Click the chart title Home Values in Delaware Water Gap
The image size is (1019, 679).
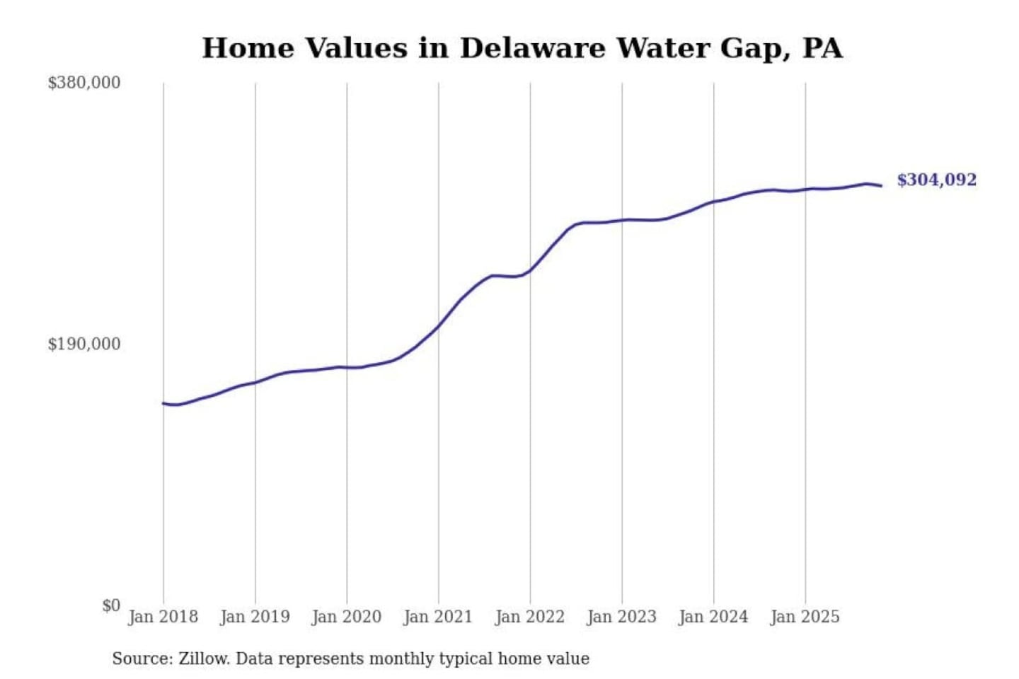pyautogui.click(x=522, y=48)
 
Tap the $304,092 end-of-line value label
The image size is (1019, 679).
pyautogui.click(x=936, y=180)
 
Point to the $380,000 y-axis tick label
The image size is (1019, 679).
pyautogui.click(x=84, y=83)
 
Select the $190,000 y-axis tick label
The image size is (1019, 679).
pyautogui.click(x=84, y=344)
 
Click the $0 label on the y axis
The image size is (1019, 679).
pyautogui.click(x=111, y=605)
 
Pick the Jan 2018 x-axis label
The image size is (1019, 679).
pyautogui.click(x=163, y=617)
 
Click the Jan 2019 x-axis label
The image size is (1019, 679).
pyautogui.click(x=255, y=617)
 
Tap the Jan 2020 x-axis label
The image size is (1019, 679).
pyautogui.click(x=346, y=617)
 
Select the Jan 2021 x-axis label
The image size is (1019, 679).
pyautogui.click(x=437, y=617)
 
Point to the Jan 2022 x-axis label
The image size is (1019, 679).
pyautogui.click(x=529, y=617)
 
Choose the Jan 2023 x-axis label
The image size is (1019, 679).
pyautogui.click(x=621, y=617)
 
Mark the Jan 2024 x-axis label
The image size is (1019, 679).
pyautogui.click(x=713, y=617)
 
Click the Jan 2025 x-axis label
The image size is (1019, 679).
pyautogui.click(x=805, y=617)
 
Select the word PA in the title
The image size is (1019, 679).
pyautogui.click(x=822, y=48)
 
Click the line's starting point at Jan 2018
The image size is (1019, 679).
pyautogui.click(x=163, y=403)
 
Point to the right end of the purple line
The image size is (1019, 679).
pyautogui.click(x=881, y=185)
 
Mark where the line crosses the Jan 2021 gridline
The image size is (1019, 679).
pyautogui.click(x=438, y=326)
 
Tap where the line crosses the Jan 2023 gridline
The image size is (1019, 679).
pyautogui.click(x=622, y=220)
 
